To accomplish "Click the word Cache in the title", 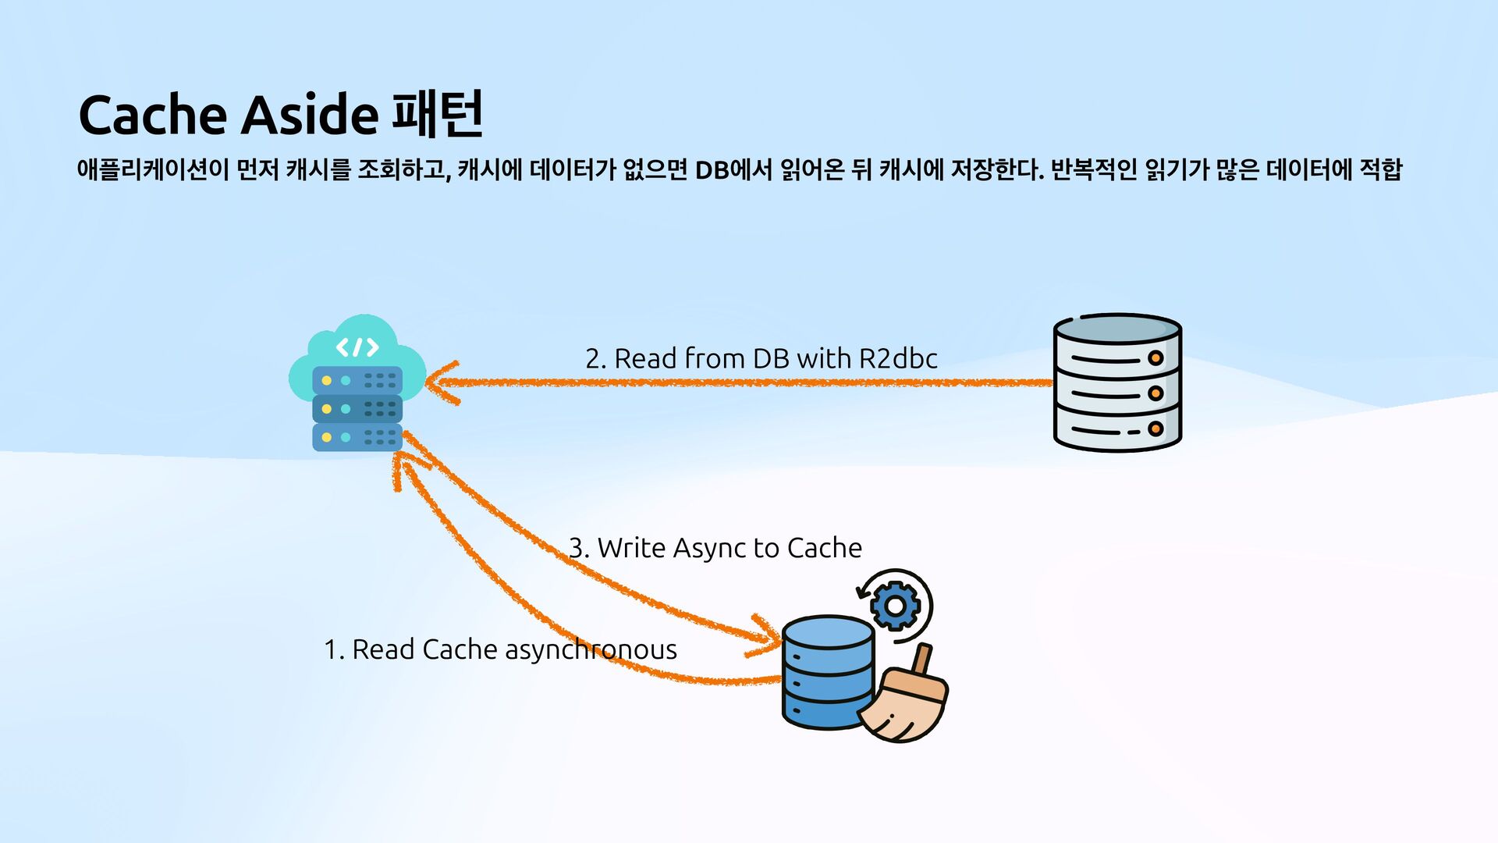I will [154, 116].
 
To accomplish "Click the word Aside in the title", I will [309, 116].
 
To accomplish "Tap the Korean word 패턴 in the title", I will [438, 114].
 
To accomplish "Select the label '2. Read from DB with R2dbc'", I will [761, 358].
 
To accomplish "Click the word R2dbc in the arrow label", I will [898, 358].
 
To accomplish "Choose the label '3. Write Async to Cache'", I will [715, 548].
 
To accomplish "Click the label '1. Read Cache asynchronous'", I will [500, 649].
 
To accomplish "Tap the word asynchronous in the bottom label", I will [591, 649].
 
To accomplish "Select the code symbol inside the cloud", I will [357, 347].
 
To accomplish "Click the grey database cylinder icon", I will [1116, 382].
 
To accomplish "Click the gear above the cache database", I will [895, 606].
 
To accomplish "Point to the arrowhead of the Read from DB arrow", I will [442, 382].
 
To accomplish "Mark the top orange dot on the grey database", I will [1155, 358].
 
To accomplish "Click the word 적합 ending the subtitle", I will [1380, 169].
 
